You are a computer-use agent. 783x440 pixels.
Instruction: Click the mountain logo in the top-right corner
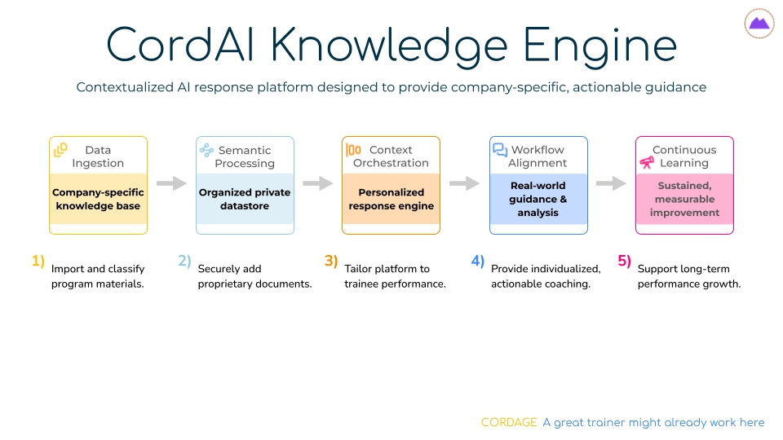[759, 24]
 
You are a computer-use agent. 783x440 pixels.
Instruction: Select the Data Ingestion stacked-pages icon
[60, 150]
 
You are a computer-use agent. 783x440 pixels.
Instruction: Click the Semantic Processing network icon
[206, 150]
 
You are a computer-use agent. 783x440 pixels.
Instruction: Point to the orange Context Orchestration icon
[353, 150]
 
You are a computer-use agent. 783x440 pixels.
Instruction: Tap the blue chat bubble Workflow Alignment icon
[500, 150]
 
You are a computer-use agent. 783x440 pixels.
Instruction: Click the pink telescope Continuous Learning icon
[647, 163]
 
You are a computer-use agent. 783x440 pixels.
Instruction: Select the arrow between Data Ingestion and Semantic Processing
[171, 183]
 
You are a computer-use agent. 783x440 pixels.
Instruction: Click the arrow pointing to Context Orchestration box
[318, 183]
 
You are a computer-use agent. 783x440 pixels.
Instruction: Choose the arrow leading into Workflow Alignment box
[464, 183]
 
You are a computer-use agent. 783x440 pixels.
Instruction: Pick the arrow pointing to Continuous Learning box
[611, 183]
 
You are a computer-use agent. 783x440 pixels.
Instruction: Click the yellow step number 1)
[38, 261]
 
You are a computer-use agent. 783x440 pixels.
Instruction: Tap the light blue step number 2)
[184, 261]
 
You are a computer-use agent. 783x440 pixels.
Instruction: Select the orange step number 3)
[330, 261]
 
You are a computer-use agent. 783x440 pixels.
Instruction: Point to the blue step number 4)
[477, 261]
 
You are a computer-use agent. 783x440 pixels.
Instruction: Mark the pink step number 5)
[624, 261]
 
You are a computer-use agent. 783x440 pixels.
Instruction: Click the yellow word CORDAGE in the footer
[509, 422]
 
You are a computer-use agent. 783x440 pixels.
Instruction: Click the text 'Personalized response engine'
[391, 199]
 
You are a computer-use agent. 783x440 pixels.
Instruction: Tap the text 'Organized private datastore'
[245, 199]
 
